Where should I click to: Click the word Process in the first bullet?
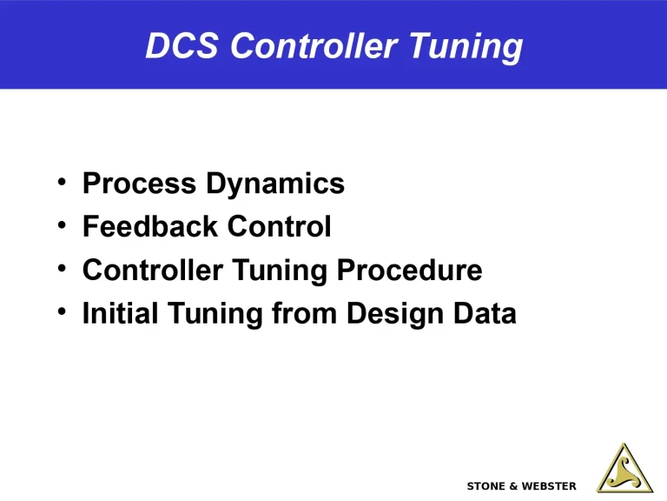tap(138, 184)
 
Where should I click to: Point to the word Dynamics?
tap(274, 184)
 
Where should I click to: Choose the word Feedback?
tap(149, 227)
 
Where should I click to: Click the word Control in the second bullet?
tap(278, 227)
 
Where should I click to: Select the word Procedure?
tap(409, 271)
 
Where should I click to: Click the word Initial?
tap(119, 314)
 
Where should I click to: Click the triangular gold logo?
tap(624, 470)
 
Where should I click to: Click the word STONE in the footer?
tap(487, 485)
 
